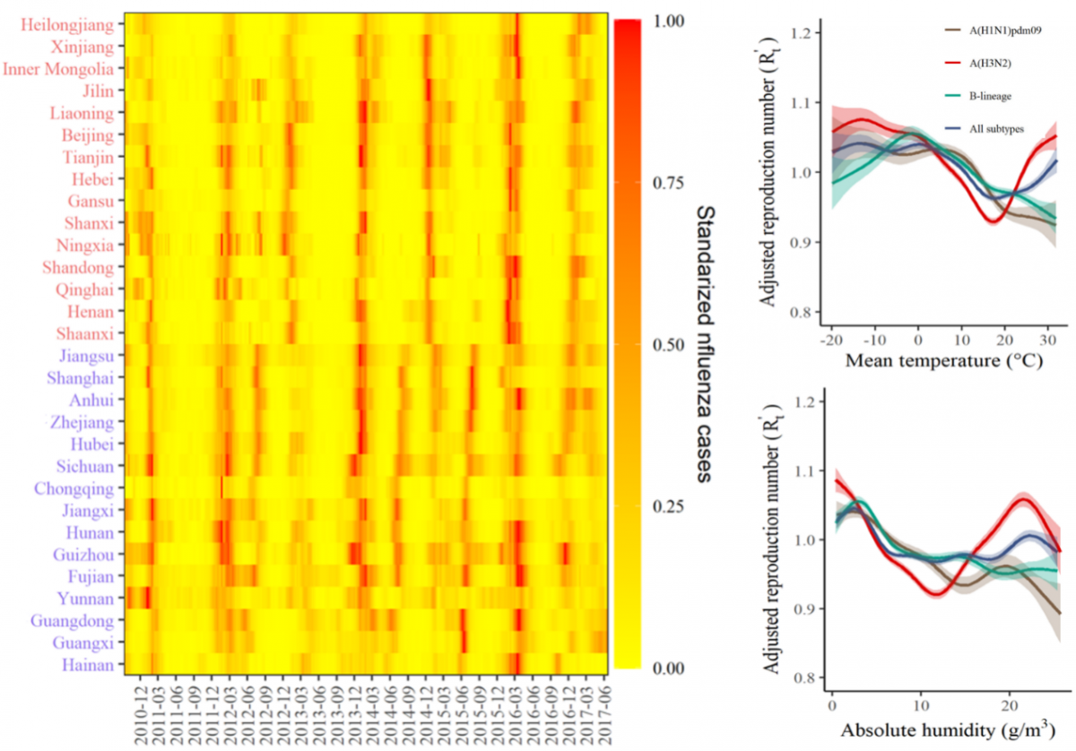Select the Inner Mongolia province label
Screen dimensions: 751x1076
[58, 69]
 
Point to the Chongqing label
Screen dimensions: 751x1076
[74, 488]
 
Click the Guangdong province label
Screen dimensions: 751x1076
[72, 620]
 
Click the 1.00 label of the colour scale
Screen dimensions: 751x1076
[667, 20]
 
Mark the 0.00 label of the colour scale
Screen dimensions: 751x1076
[667, 668]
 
